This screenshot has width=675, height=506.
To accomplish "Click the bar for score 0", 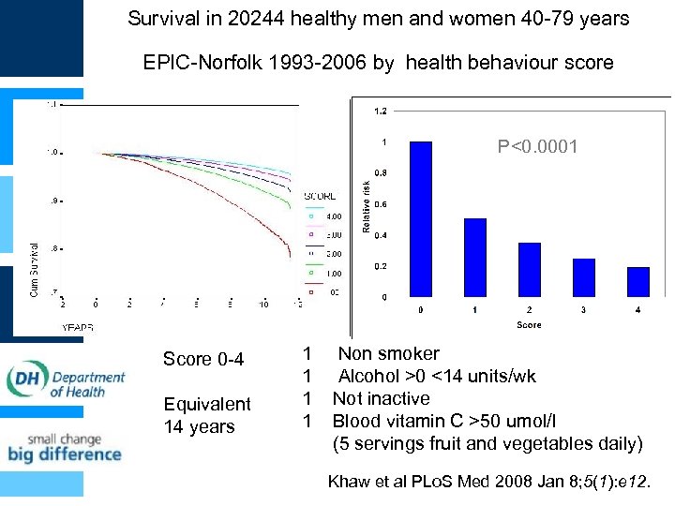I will (x=421, y=219).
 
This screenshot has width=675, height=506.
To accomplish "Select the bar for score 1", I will (x=475, y=258).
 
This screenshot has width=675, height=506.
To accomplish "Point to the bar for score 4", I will (x=638, y=282).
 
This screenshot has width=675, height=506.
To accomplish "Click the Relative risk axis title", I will (x=366, y=208).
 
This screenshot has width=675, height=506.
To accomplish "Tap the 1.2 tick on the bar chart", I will (x=380, y=112).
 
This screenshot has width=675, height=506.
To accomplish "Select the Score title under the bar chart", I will (x=529, y=325).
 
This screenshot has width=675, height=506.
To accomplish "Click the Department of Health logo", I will (x=66, y=379).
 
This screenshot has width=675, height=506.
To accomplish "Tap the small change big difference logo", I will (x=65, y=447).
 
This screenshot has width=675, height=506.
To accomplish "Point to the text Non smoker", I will (x=388, y=353).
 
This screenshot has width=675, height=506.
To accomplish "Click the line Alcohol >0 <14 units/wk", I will (x=437, y=376).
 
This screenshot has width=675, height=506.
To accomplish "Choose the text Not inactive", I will (x=381, y=398).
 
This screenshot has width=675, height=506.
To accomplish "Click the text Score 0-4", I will (x=203, y=360).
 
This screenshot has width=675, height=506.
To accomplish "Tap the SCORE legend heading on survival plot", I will (x=321, y=196).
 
